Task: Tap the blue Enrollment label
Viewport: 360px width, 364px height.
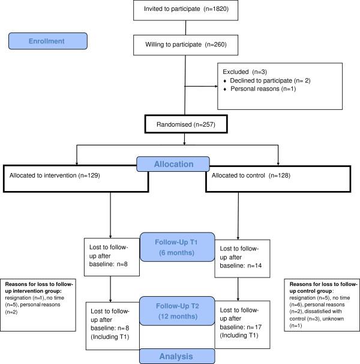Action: [48, 42]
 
